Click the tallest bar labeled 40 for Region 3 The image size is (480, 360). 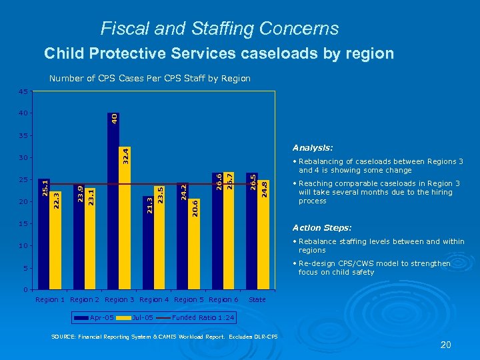click(x=113, y=200)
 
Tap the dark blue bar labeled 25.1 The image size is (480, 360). click(x=44, y=233)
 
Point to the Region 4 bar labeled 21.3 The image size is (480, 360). click(x=148, y=243)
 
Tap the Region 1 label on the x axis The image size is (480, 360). click(x=50, y=299)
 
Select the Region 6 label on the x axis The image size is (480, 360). click(x=223, y=299)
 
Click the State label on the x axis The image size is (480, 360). click(x=257, y=299)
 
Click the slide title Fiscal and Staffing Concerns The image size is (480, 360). click(x=219, y=29)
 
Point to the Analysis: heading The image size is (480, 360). click(x=313, y=148)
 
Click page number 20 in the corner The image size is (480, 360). click(x=446, y=345)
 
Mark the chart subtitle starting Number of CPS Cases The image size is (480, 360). click(x=150, y=79)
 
